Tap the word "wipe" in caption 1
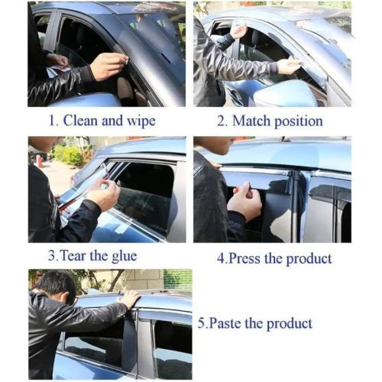click(x=141, y=121)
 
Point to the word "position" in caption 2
click(x=299, y=121)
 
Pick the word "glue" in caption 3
click(x=125, y=256)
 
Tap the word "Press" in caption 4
click(x=244, y=258)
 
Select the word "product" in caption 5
click(x=290, y=324)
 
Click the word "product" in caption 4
click(x=309, y=259)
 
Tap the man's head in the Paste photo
click(x=57, y=286)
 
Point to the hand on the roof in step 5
click(x=129, y=299)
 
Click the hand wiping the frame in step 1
click(x=109, y=66)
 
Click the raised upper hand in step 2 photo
click(x=238, y=32)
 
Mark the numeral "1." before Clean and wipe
click(x=53, y=121)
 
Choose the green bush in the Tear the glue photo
click(x=70, y=154)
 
